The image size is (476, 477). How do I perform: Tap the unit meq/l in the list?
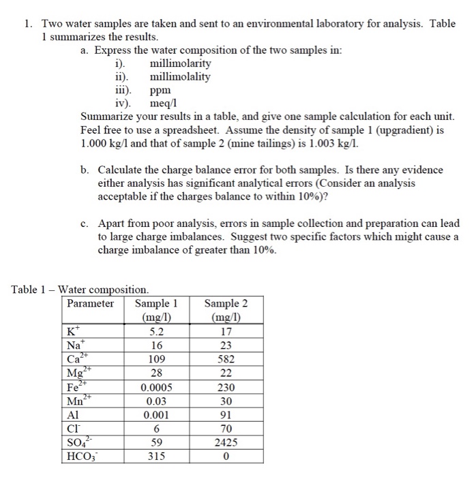(164, 103)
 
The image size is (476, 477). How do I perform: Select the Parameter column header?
(90, 303)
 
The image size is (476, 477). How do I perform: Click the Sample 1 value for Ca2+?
(157, 358)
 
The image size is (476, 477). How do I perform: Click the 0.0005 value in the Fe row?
(157, 386)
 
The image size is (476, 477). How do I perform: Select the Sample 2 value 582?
(226, 358)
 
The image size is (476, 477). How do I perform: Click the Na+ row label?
(76, 345)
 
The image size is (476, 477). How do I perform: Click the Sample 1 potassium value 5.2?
(157, 331)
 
